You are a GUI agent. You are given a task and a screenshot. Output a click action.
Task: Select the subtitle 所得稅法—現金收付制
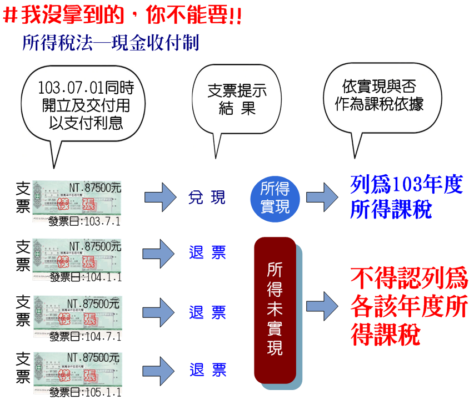point(111,43)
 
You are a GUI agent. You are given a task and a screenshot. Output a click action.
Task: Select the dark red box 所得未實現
point(275,309)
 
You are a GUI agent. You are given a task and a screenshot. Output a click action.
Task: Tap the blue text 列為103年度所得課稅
point(406,197)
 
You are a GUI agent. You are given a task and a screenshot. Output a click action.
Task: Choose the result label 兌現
point(207,197)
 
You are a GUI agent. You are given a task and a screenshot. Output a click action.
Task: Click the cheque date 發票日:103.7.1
point(84,222)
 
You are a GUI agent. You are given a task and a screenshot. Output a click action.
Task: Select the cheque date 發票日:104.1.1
point(85,277)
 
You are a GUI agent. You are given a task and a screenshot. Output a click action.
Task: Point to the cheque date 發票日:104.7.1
point(85,336)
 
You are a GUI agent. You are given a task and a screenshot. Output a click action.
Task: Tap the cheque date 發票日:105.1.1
point(85,393)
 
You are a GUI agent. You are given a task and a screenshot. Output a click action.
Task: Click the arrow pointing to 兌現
point(161,198)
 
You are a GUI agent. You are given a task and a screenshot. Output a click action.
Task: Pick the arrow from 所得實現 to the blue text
point(322,197)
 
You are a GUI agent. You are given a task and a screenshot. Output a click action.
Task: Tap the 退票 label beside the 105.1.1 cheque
point(207,370)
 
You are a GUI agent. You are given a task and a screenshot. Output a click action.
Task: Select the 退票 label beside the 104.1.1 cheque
point(207,253)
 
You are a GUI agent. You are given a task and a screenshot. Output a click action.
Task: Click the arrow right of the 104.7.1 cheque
point(161,311)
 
